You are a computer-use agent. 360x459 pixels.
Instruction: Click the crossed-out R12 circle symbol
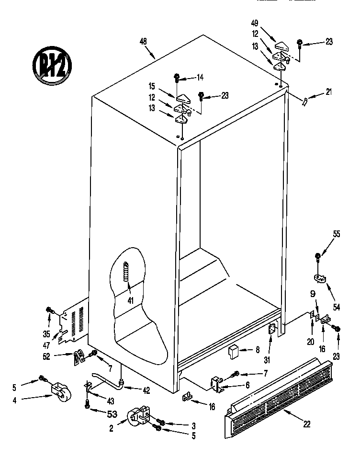click(x=52, y=64)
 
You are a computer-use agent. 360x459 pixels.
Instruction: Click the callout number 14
click(x=200, y=77)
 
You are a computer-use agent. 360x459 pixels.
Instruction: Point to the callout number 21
click(x=328, y=92)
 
